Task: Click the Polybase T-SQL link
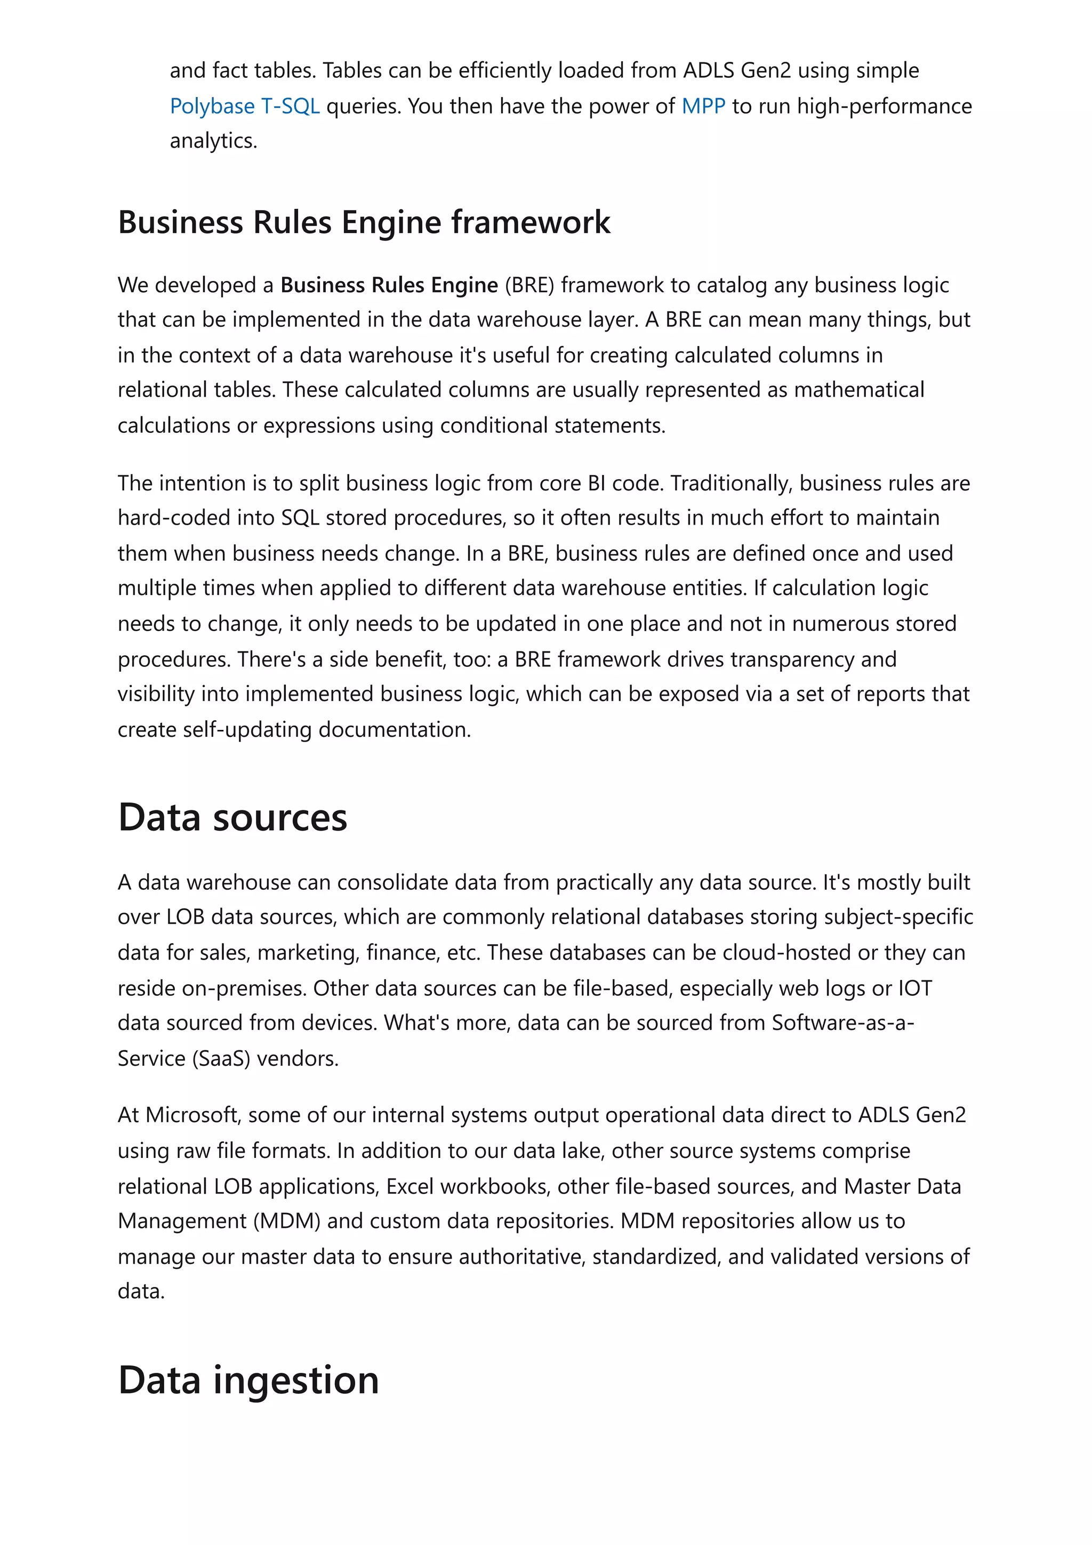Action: point(244,106)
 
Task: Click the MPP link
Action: point(703,106)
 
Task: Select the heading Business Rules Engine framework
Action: point(364,222)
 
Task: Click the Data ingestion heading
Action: point(248,1380)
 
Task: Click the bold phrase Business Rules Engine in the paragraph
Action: point(389,285)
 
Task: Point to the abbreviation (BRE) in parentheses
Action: point(529,285)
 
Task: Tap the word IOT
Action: point(914,988)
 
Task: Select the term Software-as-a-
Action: point(842,1023)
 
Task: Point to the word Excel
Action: point(409,1186)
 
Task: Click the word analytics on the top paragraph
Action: point(213,141)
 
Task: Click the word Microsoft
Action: point(192,1115)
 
